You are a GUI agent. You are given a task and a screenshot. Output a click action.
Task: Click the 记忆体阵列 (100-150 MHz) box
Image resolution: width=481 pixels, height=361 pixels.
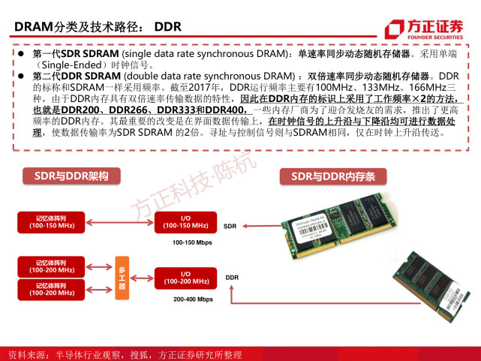click(52, 221)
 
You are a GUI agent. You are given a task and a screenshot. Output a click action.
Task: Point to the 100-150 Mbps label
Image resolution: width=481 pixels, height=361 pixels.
click(192, 243)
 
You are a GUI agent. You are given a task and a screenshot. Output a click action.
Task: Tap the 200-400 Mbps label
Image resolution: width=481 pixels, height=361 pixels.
click(192, 299)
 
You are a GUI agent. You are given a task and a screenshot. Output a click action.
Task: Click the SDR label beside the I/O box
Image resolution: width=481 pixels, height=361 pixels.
click(230, 225)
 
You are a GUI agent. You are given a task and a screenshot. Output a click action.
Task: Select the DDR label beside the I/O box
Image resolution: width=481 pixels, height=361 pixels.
click(232, 278)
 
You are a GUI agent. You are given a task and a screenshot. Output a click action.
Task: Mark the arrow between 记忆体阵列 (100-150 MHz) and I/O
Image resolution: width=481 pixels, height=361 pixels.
click(120, 221)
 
